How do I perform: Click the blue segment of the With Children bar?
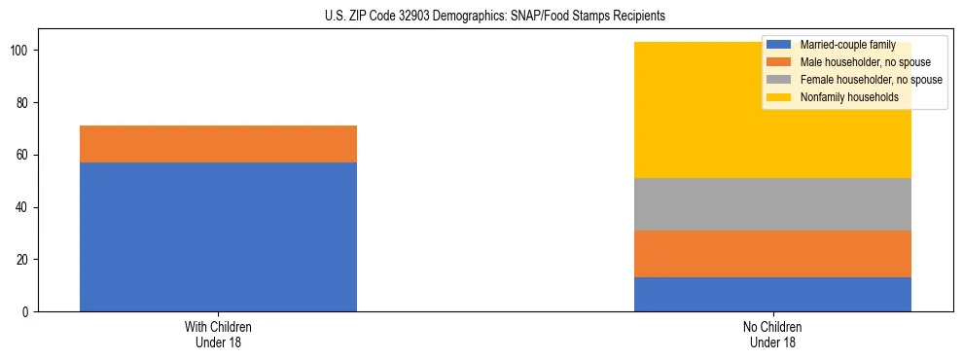[218, 236]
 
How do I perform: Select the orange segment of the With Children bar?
[218, 144]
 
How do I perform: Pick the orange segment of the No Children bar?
[772, 254]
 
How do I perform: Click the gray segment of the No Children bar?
[772, 204]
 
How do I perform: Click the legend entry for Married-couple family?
[845, 45]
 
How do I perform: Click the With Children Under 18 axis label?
[218, 334]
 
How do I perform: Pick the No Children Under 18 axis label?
[772, 334]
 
